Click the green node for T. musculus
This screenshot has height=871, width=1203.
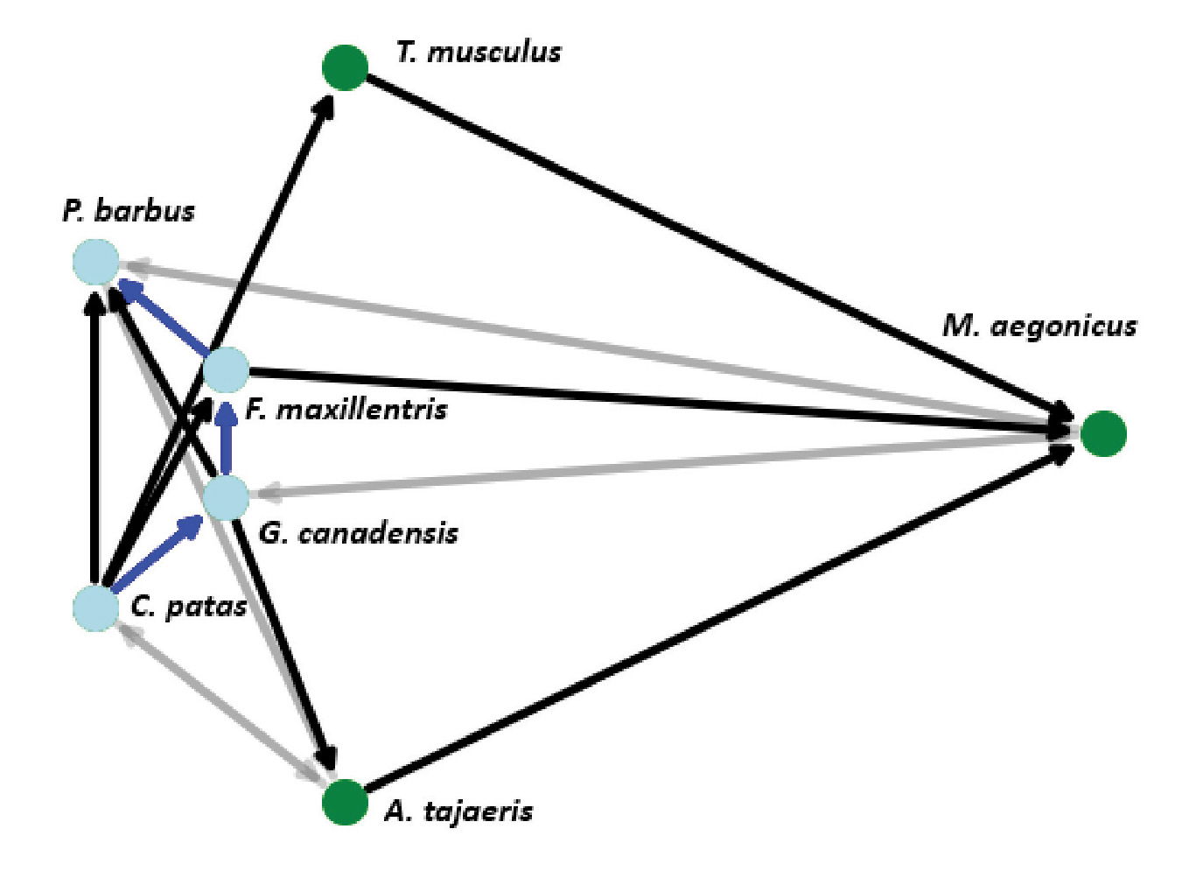pos(345,67)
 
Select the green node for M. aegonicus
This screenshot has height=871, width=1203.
pos(1102,433)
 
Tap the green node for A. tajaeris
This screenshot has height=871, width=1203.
pos(345,802)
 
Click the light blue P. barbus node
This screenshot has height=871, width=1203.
pos(94,262)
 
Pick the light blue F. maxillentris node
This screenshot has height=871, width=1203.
pos(227,369)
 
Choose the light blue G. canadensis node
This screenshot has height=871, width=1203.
pos(226,497)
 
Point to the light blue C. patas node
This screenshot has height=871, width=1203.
pos(95,608)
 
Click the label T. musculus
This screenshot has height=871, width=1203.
pos(478,53)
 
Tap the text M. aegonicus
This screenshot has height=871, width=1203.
pos(1039,327)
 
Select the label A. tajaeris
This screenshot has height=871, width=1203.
pos(458,811)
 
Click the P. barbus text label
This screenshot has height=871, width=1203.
pos(129,211)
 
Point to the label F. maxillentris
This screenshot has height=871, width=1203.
pos(346,409)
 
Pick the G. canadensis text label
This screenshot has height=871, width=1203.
pos(358,533)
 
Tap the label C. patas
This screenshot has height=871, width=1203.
pos(189,606)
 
